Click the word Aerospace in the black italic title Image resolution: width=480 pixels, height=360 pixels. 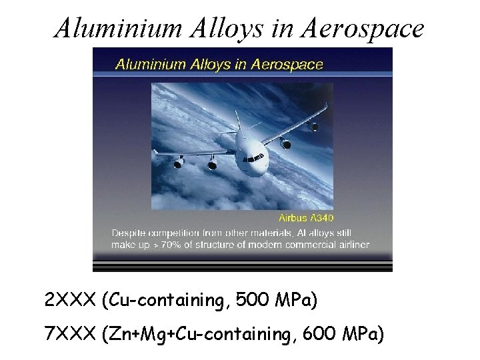click(363, 28)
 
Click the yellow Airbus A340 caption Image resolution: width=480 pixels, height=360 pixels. click(307, 217)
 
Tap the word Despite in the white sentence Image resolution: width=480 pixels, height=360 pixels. click(130, 233)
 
